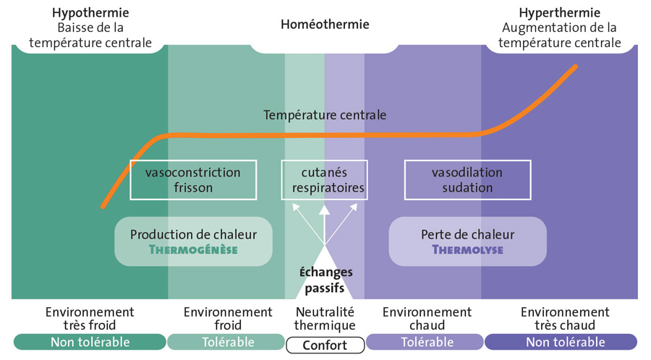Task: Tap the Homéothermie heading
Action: (x=325, y=25)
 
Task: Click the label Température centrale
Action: (x=325, y=115)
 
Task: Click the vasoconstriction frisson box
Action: (x=193, y=180)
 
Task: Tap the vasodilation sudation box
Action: (x=467, y=180)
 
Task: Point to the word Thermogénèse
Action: (x=193, y=250)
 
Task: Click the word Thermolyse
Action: (x=467, y=250)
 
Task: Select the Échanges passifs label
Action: (x=325, y=280)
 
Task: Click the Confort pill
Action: (x=325, y=345)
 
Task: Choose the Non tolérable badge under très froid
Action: (x=90, y=342)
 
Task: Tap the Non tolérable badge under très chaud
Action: (x=561, y=342)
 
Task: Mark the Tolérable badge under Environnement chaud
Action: (x=425, y=342)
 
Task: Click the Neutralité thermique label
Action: (x=325, y=319)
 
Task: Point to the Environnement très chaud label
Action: (x=564, y=319)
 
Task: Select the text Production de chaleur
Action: (x=193, y=234)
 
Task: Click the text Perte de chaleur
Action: (x=467, y=234)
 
